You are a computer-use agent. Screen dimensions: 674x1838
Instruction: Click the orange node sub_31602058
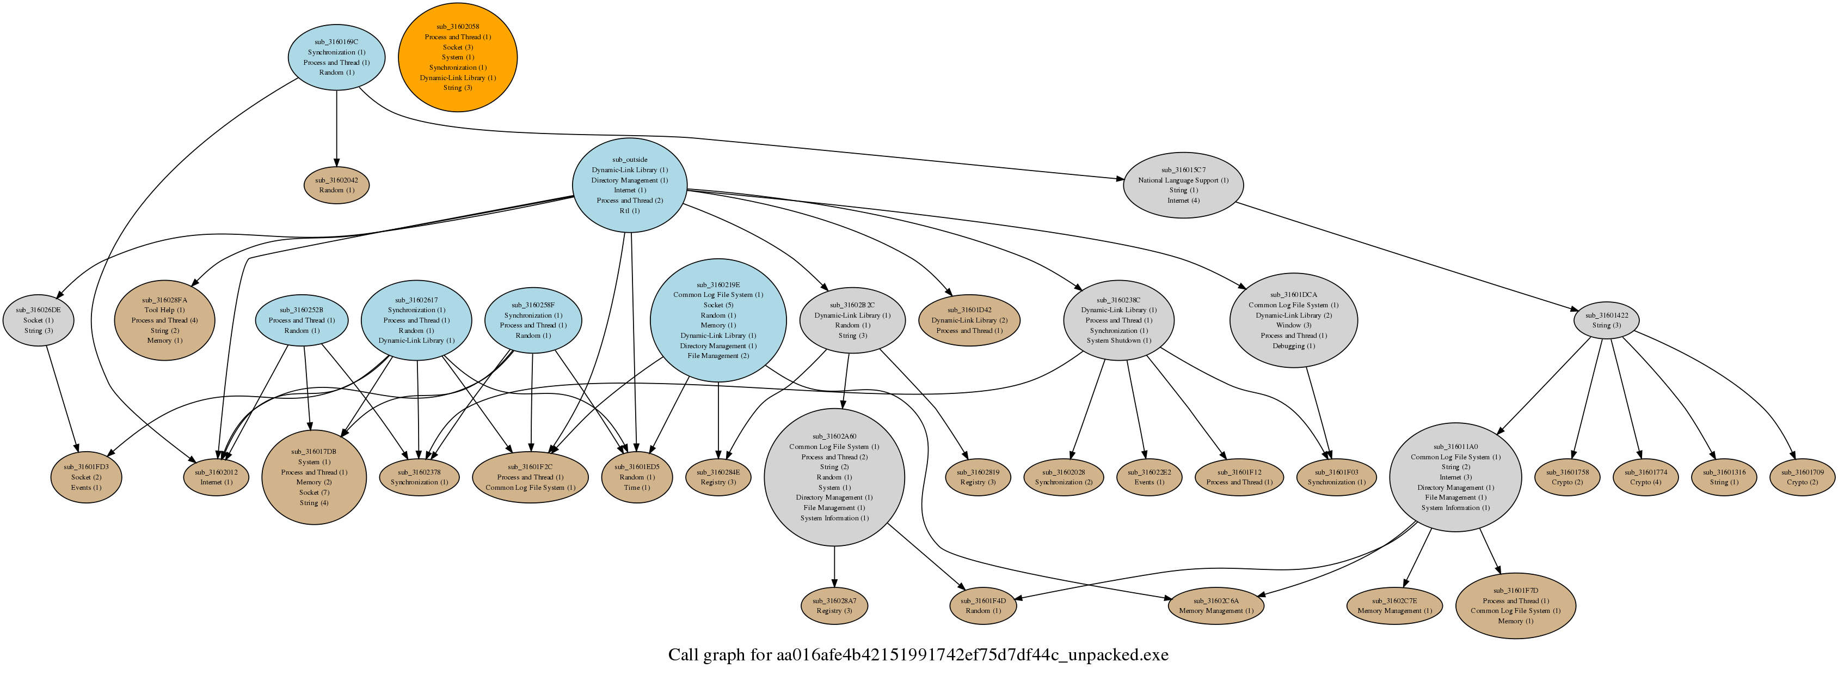(457, 57)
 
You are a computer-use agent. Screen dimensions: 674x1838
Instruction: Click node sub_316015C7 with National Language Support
(1183, 185)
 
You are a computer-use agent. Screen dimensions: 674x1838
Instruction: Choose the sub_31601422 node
(1606, 320)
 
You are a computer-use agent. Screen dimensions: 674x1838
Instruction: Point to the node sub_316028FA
(164, 320)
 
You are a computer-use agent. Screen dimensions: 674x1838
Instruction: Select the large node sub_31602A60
(834, 477)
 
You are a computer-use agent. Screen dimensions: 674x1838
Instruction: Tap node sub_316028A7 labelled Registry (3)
(834, 605)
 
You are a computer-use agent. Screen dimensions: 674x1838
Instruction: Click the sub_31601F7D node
(1515, 605)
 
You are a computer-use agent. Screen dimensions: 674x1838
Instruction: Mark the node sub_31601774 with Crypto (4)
(1645, 477)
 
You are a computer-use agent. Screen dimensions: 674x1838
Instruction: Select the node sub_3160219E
(718, 320)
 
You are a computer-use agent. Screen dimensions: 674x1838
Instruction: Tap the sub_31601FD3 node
(85, 477)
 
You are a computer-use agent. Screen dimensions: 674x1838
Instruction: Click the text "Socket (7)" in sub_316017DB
(314, 493)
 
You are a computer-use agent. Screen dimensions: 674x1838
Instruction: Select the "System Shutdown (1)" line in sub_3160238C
(1118, 341)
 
